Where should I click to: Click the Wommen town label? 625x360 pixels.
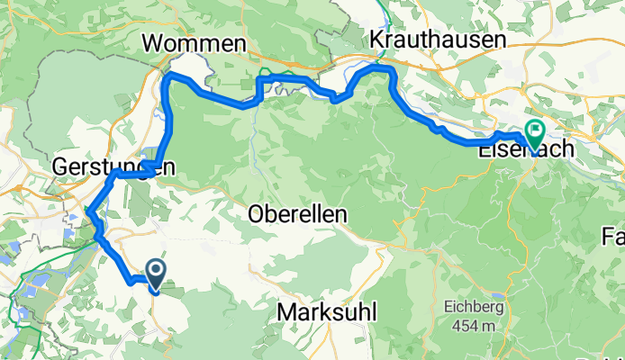[194, 43]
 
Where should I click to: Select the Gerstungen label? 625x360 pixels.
[112, 166]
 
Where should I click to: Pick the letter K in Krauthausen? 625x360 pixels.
[376, 39]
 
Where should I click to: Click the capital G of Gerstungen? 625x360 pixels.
[59, 166]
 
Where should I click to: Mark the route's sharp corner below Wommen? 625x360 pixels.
[168, 80]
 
